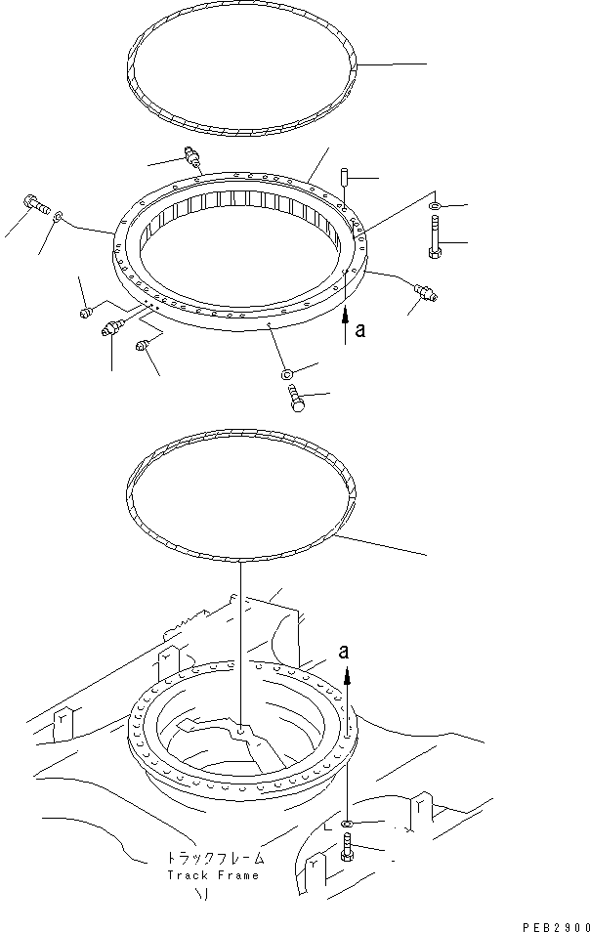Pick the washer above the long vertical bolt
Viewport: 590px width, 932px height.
tap(433, 205)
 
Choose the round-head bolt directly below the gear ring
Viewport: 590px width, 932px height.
tap(297, 399)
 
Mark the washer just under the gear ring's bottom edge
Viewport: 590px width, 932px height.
tap(286, 373)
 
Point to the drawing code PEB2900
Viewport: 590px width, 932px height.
tap(554, 923)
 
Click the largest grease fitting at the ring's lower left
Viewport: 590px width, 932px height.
tap(110, 330)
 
